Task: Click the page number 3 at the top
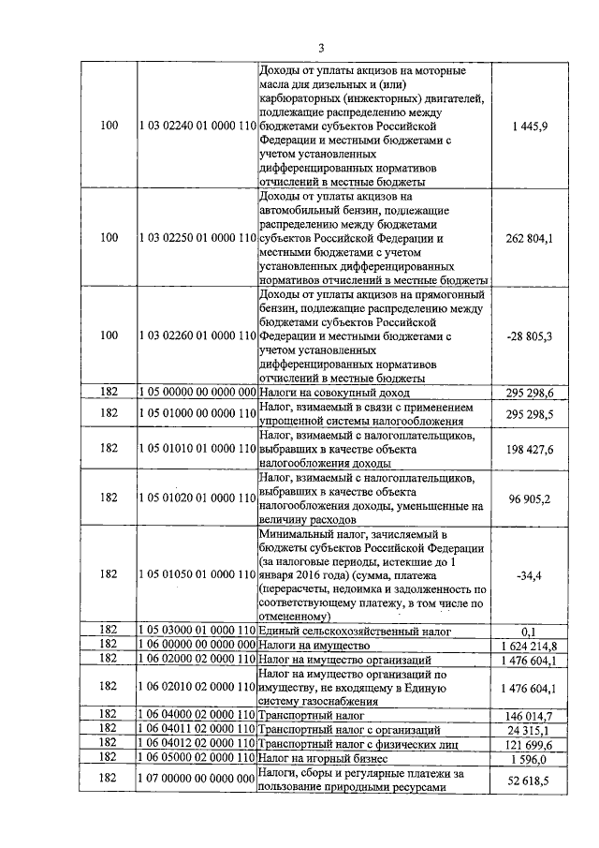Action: [320, 48]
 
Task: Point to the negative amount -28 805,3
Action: [530, 335]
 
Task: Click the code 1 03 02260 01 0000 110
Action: [197, 335]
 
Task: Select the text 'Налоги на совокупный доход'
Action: [335, 393]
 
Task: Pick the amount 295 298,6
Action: [531, 393]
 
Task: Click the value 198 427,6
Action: [531, 450]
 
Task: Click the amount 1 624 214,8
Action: [530, 647]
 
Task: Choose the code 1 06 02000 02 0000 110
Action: [197, 660]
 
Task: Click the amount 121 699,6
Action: [531, 743]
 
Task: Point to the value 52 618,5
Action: [531, 780]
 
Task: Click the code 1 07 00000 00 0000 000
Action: [197, 780]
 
